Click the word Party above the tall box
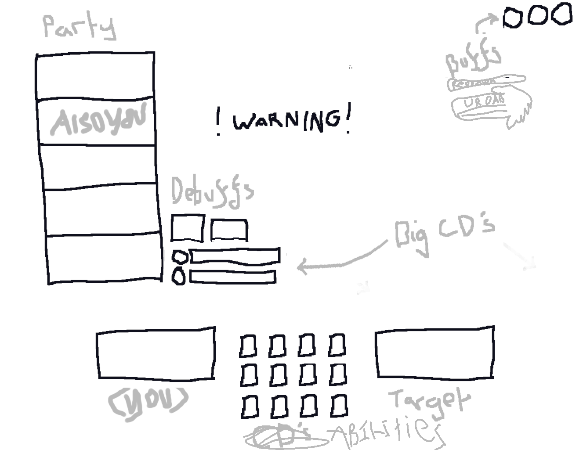coord(80,27)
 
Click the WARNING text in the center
coord(285,120)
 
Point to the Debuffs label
coord(211,192)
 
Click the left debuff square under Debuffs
coord(187,228)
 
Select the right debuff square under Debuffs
coord(228,230)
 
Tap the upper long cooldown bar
coord(235,255)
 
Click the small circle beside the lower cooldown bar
coord(178,277)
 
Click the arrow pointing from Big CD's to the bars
coord(338,259)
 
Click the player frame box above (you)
coord(156,353)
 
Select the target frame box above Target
coord(435,352)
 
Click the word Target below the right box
coord(429,400)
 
